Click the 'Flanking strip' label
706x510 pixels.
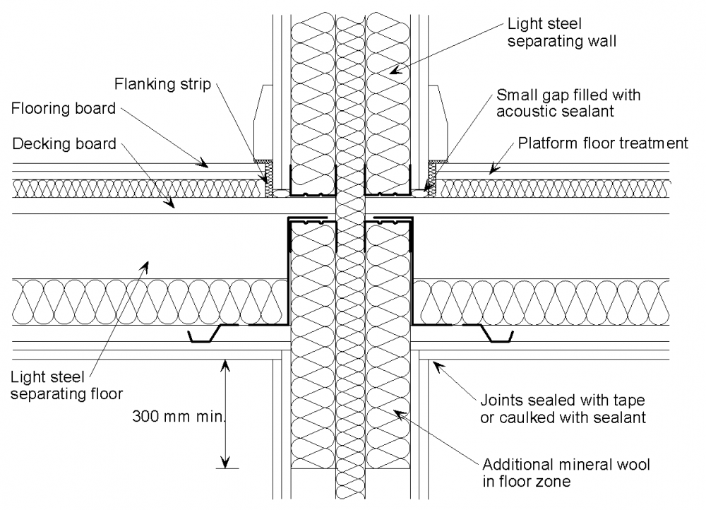point(162,85)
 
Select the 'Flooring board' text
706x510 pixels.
point(64,109)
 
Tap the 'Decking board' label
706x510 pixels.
point(64,144)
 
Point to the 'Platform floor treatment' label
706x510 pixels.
point(603,144)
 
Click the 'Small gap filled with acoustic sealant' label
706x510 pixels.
point(568,103)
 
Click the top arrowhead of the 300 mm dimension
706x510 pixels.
point(225,364)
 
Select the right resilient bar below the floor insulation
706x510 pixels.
point(487,333)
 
